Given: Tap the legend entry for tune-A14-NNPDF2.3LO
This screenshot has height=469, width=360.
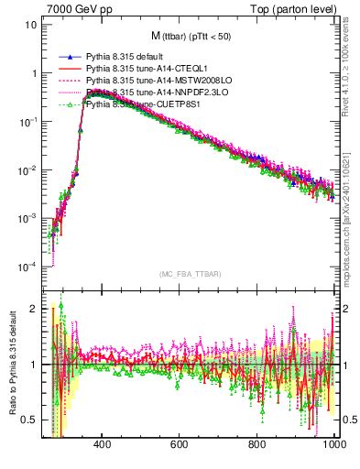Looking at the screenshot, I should [147, 93].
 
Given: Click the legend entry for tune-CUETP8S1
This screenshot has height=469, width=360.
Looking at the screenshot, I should [138, 104].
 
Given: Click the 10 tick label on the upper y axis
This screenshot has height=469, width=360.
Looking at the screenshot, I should [31, 25].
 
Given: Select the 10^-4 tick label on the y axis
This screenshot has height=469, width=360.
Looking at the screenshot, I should [27, 267].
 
